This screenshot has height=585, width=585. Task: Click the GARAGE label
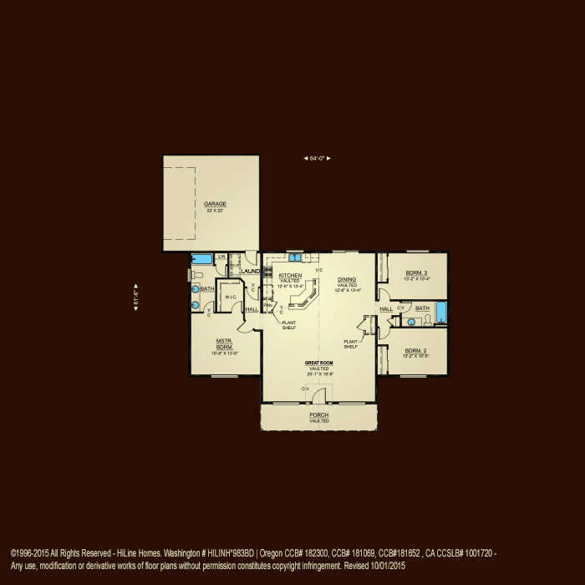[x=215, y=204]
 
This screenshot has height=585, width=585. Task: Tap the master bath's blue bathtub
[x=203, y=259]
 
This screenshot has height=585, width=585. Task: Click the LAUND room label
[x=250, y=272]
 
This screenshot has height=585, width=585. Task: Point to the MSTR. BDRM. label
[x=224, y=343]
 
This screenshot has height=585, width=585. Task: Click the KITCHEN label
[x=290, y=275]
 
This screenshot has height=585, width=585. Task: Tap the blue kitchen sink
[x=295, y=258]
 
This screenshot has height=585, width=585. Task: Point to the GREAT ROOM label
[x=319, y=364]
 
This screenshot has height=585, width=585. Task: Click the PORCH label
[x=318, y=415]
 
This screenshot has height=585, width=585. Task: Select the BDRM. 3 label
[x=416, y=273]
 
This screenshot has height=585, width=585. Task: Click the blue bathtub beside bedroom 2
[x=441, y=313]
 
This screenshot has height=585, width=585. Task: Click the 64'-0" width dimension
[x=317, y=158]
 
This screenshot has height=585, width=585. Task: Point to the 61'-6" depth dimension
[x=136, y=297]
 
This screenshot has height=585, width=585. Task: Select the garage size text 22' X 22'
[x=215, y=211]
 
